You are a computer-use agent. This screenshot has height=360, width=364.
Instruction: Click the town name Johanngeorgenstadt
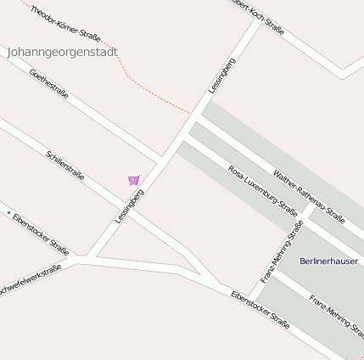tap(62, 52)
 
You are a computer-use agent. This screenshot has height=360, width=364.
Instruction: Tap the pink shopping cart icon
tap(133, 180)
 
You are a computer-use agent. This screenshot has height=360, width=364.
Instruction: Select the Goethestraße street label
tap(48, 83)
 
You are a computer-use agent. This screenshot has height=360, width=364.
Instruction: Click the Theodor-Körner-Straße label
tap(65, 23)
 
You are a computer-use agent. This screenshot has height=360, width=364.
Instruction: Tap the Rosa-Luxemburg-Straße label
tap(262, 191)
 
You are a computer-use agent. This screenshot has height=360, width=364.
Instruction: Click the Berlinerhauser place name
tap(330, 261)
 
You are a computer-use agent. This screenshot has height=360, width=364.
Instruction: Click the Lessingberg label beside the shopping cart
tap(129, 206)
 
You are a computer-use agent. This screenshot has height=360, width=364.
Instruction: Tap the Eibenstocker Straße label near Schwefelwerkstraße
tap(41, 234)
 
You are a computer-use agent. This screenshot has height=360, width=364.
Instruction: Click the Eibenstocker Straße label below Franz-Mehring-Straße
tap(260, 311)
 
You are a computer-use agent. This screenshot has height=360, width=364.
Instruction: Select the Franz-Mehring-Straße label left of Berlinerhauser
tap(282, 251)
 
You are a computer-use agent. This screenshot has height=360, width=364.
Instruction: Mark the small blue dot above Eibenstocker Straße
tap(9, 212)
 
